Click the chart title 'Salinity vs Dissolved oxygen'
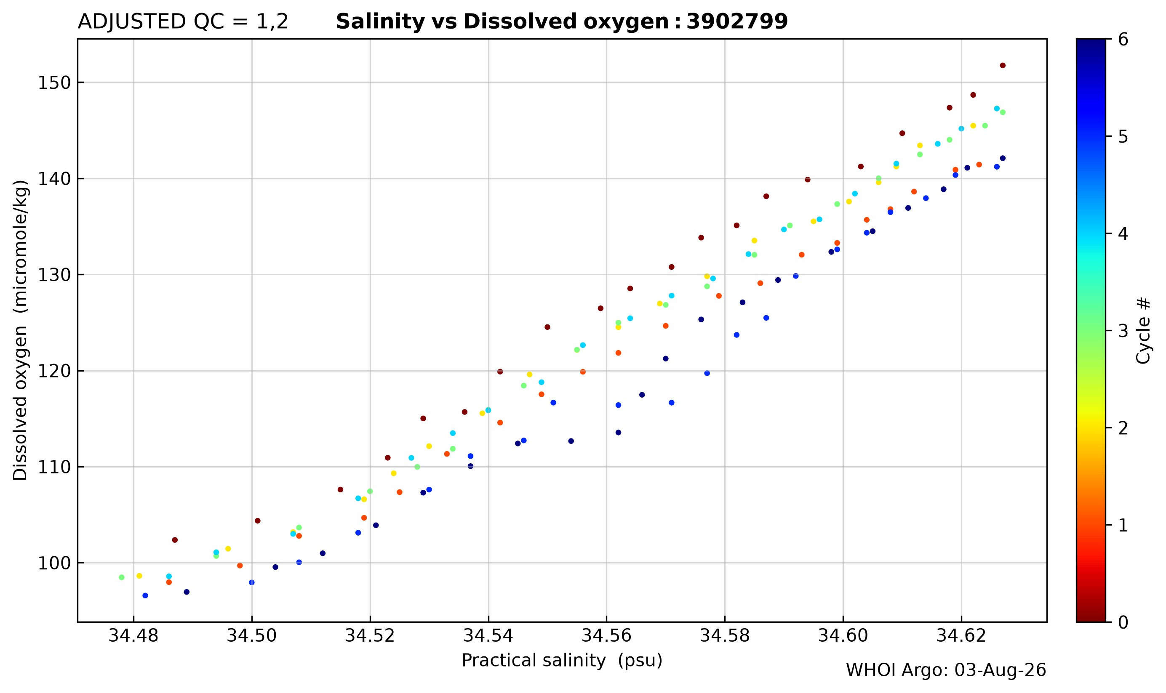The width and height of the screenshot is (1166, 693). pos(502,22)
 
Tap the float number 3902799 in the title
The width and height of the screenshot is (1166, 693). pos(737,21)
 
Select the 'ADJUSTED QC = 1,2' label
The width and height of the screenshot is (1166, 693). pos(183,22)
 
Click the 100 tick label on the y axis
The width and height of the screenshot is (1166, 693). pos(54,563)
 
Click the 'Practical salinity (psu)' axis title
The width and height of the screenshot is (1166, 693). pos(562,661)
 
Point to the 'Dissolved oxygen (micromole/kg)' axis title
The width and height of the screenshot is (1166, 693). pos(21,330)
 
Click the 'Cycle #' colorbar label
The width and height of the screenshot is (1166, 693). pos(1144,330)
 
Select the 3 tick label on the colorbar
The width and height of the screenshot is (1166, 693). pos(1123,331)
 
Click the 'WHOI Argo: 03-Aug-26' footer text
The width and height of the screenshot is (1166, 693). pos(946,671)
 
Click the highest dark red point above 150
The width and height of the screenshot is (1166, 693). pos(1003,65)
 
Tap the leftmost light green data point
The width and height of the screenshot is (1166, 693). pos(122,578)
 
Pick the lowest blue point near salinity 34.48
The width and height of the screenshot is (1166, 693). pos(145,596)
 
